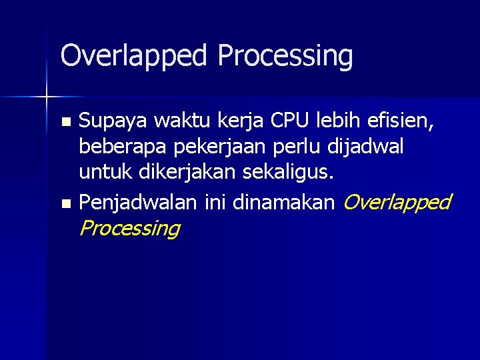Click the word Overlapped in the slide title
(134, 57)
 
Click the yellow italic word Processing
(129, 229)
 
